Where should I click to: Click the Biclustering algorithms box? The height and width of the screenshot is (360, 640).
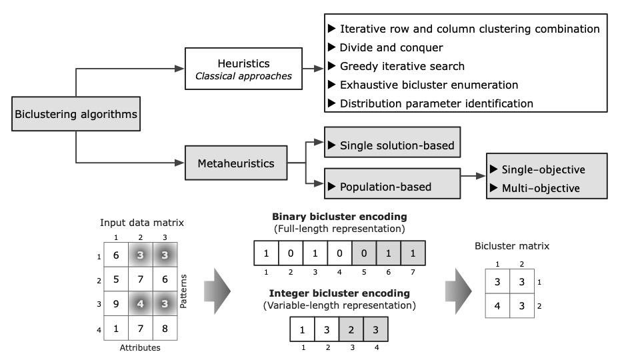tap(76, 114)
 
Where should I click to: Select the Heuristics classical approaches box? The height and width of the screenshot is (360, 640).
tap(243, 69)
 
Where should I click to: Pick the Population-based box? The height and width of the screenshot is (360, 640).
tap(391, 187)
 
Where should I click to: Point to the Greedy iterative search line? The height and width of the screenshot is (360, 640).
tap(402, 67)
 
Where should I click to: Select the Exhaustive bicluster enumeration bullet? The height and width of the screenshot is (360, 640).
tap(429, 85)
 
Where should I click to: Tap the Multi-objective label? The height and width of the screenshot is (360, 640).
tap(540, 188)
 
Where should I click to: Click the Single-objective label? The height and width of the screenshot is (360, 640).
tap(543, 169)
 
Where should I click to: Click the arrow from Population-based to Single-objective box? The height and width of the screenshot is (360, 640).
tap(473, 177)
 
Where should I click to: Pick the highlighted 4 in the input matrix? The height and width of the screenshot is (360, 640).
tap(139, 304)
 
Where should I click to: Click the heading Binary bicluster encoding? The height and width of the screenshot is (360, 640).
tap(339, 217)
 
